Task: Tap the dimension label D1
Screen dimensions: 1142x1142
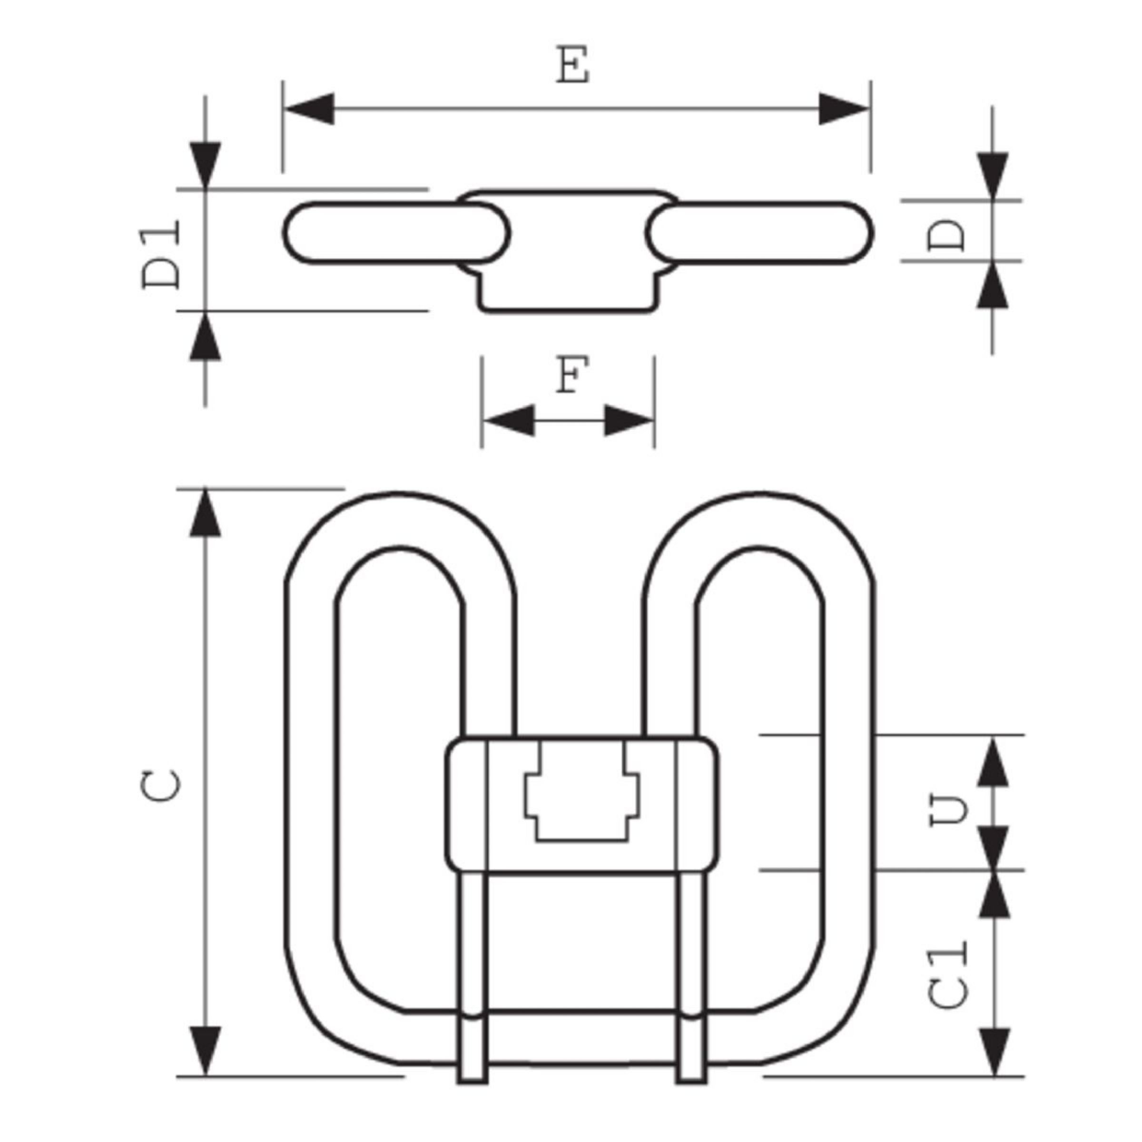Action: click(x=161, y=254)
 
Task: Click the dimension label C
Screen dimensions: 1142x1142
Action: click(x=161, y=786)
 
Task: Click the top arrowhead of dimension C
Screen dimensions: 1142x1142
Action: click(x=205, y=513)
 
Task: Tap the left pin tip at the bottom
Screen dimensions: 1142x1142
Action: click(x=473, y=1095)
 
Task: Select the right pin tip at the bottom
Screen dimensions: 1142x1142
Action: click(x=691, y=1095)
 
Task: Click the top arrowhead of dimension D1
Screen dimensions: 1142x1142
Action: click(x=205, y=166)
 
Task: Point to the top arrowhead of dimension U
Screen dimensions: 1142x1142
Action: click(x=993, y=761)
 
